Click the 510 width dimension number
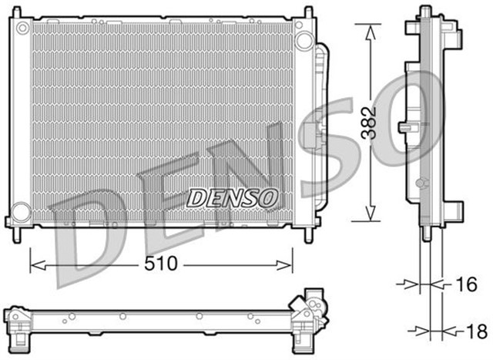pos(162,264)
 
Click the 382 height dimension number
pos(371,123)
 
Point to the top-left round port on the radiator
pos(22,29)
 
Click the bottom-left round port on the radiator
pos(22,210)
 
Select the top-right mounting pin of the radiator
pos(310,12)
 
